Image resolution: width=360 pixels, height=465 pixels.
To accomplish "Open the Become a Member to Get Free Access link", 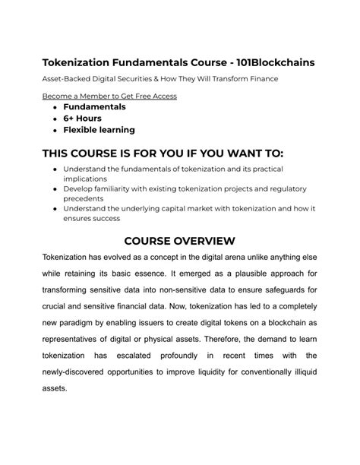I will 109,96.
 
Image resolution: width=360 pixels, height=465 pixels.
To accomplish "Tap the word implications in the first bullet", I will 90,179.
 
